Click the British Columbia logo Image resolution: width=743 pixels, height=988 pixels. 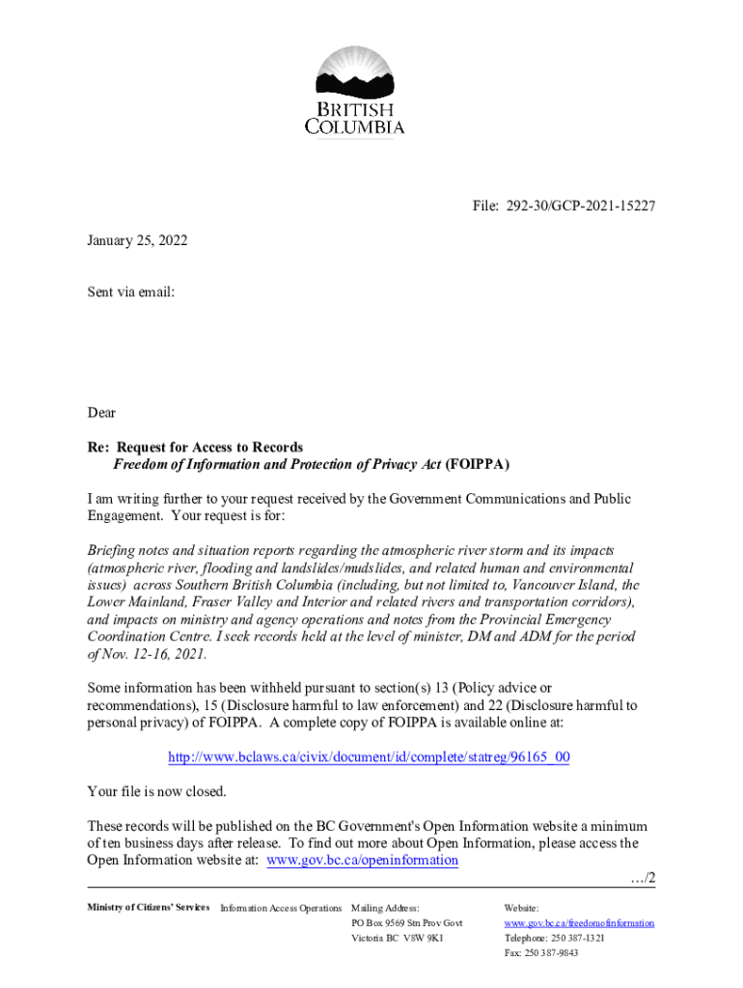355,92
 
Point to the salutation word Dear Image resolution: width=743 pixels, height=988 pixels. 101,413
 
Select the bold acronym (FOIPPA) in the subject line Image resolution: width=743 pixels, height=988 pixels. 478,464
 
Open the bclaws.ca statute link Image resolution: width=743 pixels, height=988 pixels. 369,757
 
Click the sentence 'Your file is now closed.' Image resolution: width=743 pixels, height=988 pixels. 156,792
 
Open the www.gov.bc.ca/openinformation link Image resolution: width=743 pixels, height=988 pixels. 362,861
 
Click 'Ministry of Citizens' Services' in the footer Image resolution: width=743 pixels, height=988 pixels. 148,908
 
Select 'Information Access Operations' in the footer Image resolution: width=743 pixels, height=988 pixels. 281,908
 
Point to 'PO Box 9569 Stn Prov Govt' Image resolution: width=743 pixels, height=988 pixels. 407,923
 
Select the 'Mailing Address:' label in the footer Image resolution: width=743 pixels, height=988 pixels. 385,908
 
